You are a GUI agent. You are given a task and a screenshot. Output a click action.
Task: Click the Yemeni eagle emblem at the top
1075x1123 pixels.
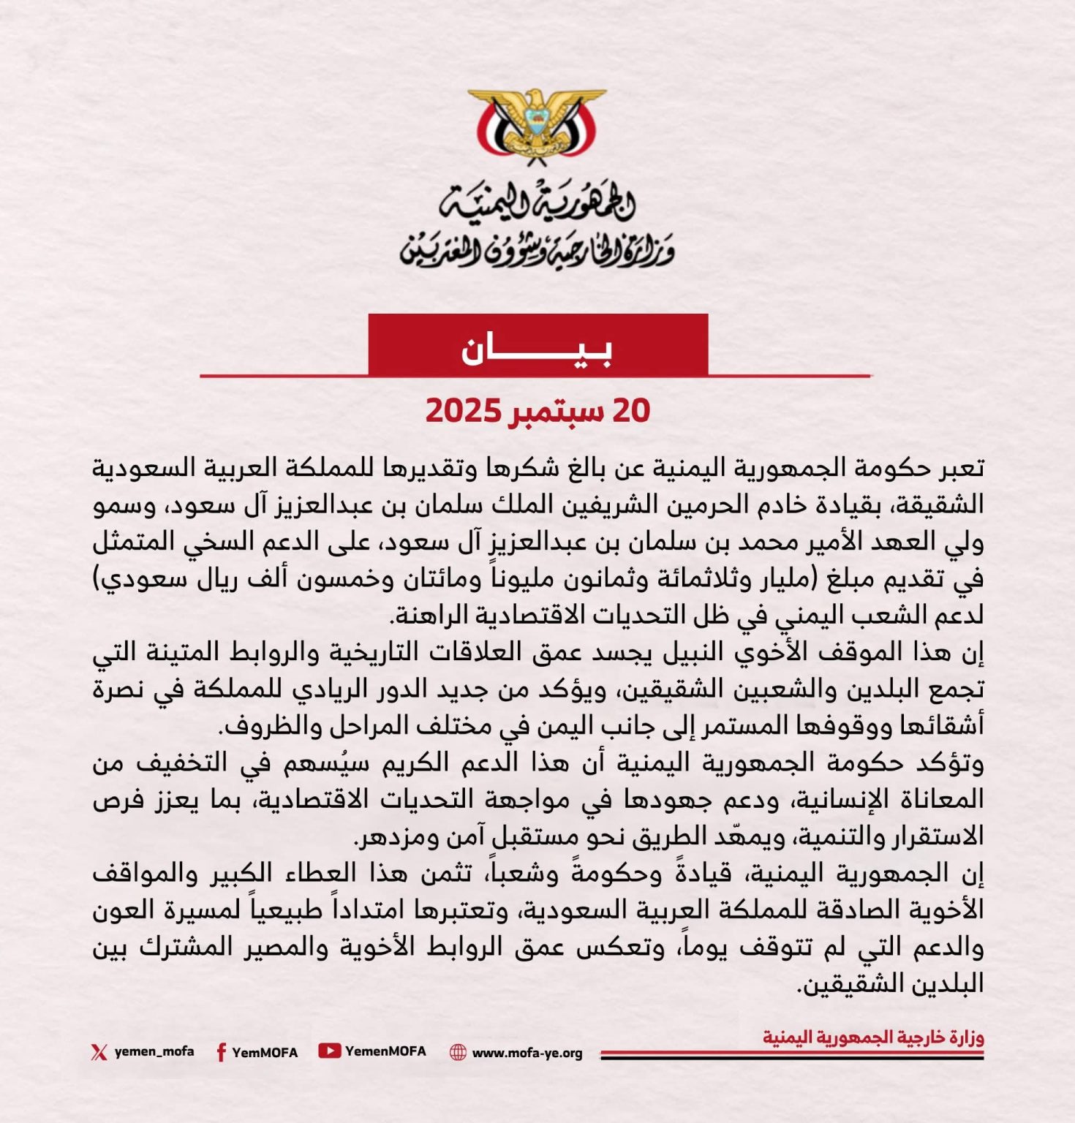coord(537,124)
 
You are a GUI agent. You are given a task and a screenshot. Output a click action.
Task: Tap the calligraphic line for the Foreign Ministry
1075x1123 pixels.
coord(537,251)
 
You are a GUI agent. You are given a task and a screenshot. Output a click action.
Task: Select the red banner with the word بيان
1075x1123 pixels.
coord(537,346)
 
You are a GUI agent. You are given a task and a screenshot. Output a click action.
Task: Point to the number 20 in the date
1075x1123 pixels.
coord(631,411)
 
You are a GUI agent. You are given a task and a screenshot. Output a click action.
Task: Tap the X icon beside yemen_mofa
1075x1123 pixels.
coord(99,1052)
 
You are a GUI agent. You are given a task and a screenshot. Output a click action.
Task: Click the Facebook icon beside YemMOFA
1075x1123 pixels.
coord(220,1052)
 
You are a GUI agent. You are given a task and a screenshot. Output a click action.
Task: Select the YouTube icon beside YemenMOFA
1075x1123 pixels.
coord(329,1051)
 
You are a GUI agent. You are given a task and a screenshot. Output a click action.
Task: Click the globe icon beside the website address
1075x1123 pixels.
coord(458,1052)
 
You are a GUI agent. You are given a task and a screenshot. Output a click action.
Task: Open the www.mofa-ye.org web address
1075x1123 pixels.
coord(527,1053)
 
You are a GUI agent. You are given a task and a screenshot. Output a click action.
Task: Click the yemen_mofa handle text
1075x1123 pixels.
coord(154,1051)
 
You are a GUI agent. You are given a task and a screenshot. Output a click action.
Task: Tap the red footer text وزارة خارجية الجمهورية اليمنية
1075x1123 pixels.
coord(873,1037)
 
